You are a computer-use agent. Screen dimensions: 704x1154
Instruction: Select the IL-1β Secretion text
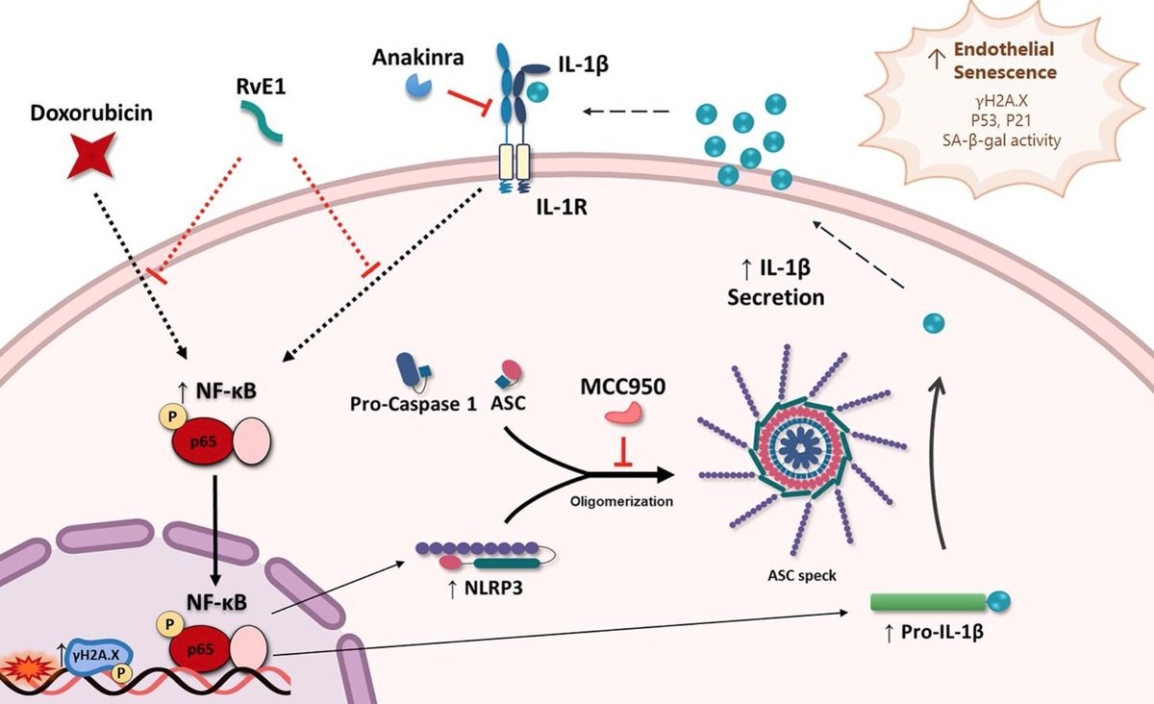pos(775,286)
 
